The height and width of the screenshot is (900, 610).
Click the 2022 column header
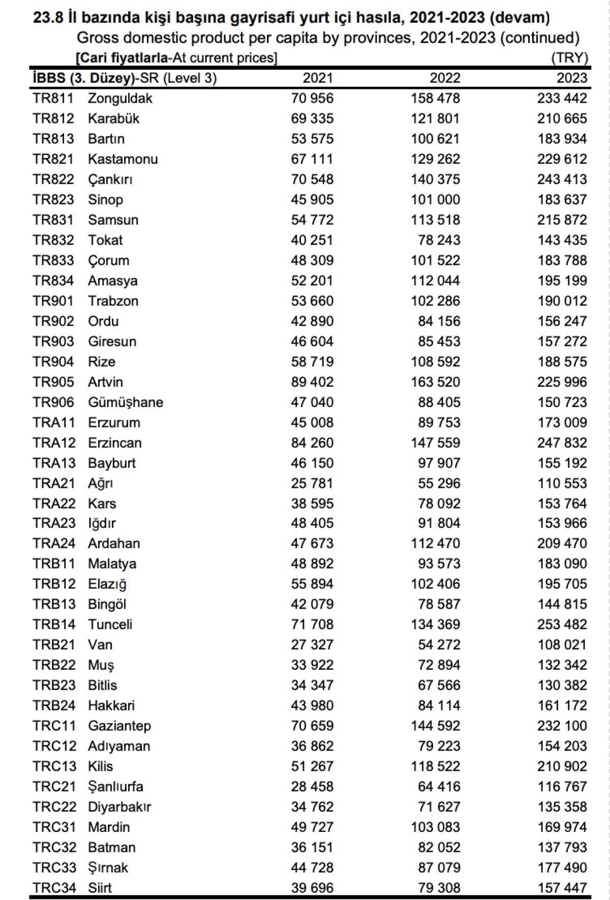point(445,78)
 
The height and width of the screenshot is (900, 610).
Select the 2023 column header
point(571,78)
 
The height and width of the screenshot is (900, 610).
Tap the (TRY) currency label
point(569,57)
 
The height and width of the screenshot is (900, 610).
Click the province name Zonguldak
point(120,98)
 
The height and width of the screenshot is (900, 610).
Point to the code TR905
point(53,382)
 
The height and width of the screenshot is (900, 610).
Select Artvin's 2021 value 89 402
point(312,382)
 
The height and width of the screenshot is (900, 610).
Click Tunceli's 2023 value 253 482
point(562,624)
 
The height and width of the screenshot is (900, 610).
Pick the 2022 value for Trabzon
point(435,301)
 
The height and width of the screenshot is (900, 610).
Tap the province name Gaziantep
point(119,726)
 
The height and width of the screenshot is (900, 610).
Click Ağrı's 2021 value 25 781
point(312,483)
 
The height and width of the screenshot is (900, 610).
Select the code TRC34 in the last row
point(54,888)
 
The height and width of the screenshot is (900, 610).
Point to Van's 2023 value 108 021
point(562,644)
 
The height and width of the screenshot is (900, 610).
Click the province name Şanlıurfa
point(115,786)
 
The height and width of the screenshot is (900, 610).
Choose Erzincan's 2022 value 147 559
point(435,443)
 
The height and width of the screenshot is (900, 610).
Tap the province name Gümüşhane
point(126,402)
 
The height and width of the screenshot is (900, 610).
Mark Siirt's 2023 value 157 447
point(562,888)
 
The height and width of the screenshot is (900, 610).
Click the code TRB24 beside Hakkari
point(54,705)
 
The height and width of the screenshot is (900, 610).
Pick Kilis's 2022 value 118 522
point(435,766)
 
